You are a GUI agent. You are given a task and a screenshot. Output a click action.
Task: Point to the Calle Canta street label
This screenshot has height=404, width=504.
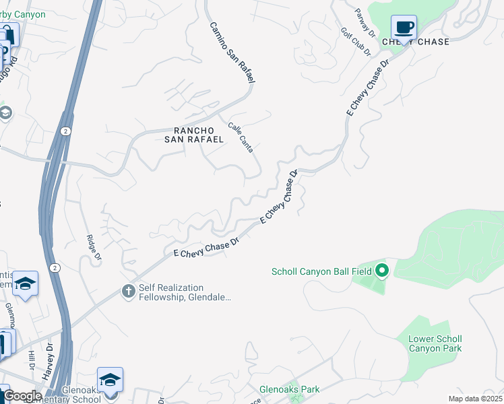click(x=241, y=137)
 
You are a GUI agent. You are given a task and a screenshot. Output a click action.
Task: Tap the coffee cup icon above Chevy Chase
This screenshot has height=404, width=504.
click(x=404, y=28)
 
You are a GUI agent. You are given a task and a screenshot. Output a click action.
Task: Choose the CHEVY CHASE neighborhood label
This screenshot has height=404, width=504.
click(x=415, y=42)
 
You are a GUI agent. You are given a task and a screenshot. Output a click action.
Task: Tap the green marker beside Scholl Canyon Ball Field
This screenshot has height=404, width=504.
click(x=383, y=271)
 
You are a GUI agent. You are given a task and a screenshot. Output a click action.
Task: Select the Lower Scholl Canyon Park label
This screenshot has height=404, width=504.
click(x=435, y=343)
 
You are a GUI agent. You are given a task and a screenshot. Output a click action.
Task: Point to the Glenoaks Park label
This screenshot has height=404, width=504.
click(x=290, y=389)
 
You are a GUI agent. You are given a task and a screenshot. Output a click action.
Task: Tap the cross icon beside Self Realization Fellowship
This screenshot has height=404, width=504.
click(x=128, y=291)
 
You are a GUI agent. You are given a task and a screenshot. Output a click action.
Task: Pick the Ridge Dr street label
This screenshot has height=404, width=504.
click(x=94, y=247)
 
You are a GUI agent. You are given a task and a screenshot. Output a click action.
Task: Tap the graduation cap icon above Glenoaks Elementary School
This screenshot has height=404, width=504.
click(x=110, y=378)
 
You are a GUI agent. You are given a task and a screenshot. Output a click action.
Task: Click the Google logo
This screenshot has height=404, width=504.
click(x=22, y=396)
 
